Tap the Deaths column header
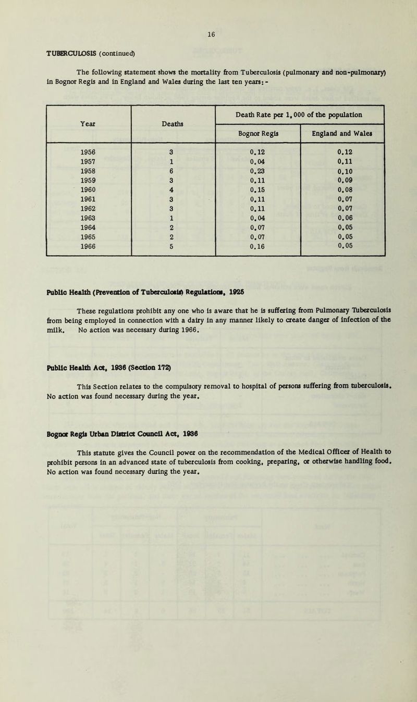point(174,124)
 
